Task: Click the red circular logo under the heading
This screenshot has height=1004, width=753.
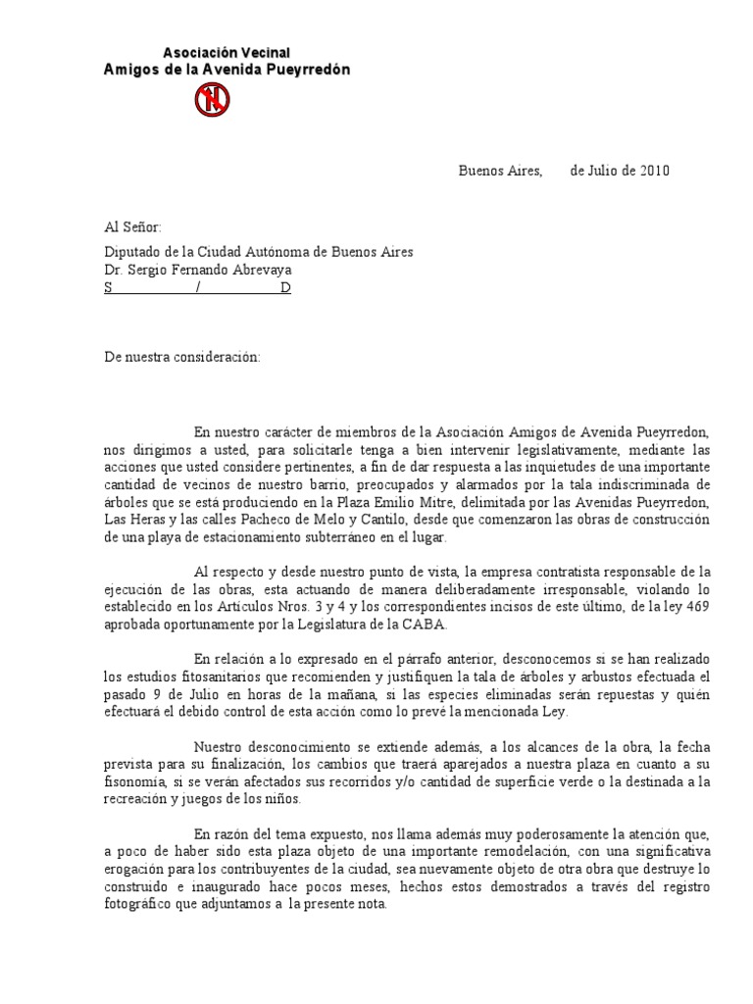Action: [212, 99]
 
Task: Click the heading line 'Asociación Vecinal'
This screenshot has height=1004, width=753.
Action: [226, 52]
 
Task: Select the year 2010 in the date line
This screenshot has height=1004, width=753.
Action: [655, 171]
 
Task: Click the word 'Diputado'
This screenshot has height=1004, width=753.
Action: [131, 252]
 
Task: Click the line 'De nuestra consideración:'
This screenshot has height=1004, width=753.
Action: [182, 357]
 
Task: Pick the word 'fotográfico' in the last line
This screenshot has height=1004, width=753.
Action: [141, 905]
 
